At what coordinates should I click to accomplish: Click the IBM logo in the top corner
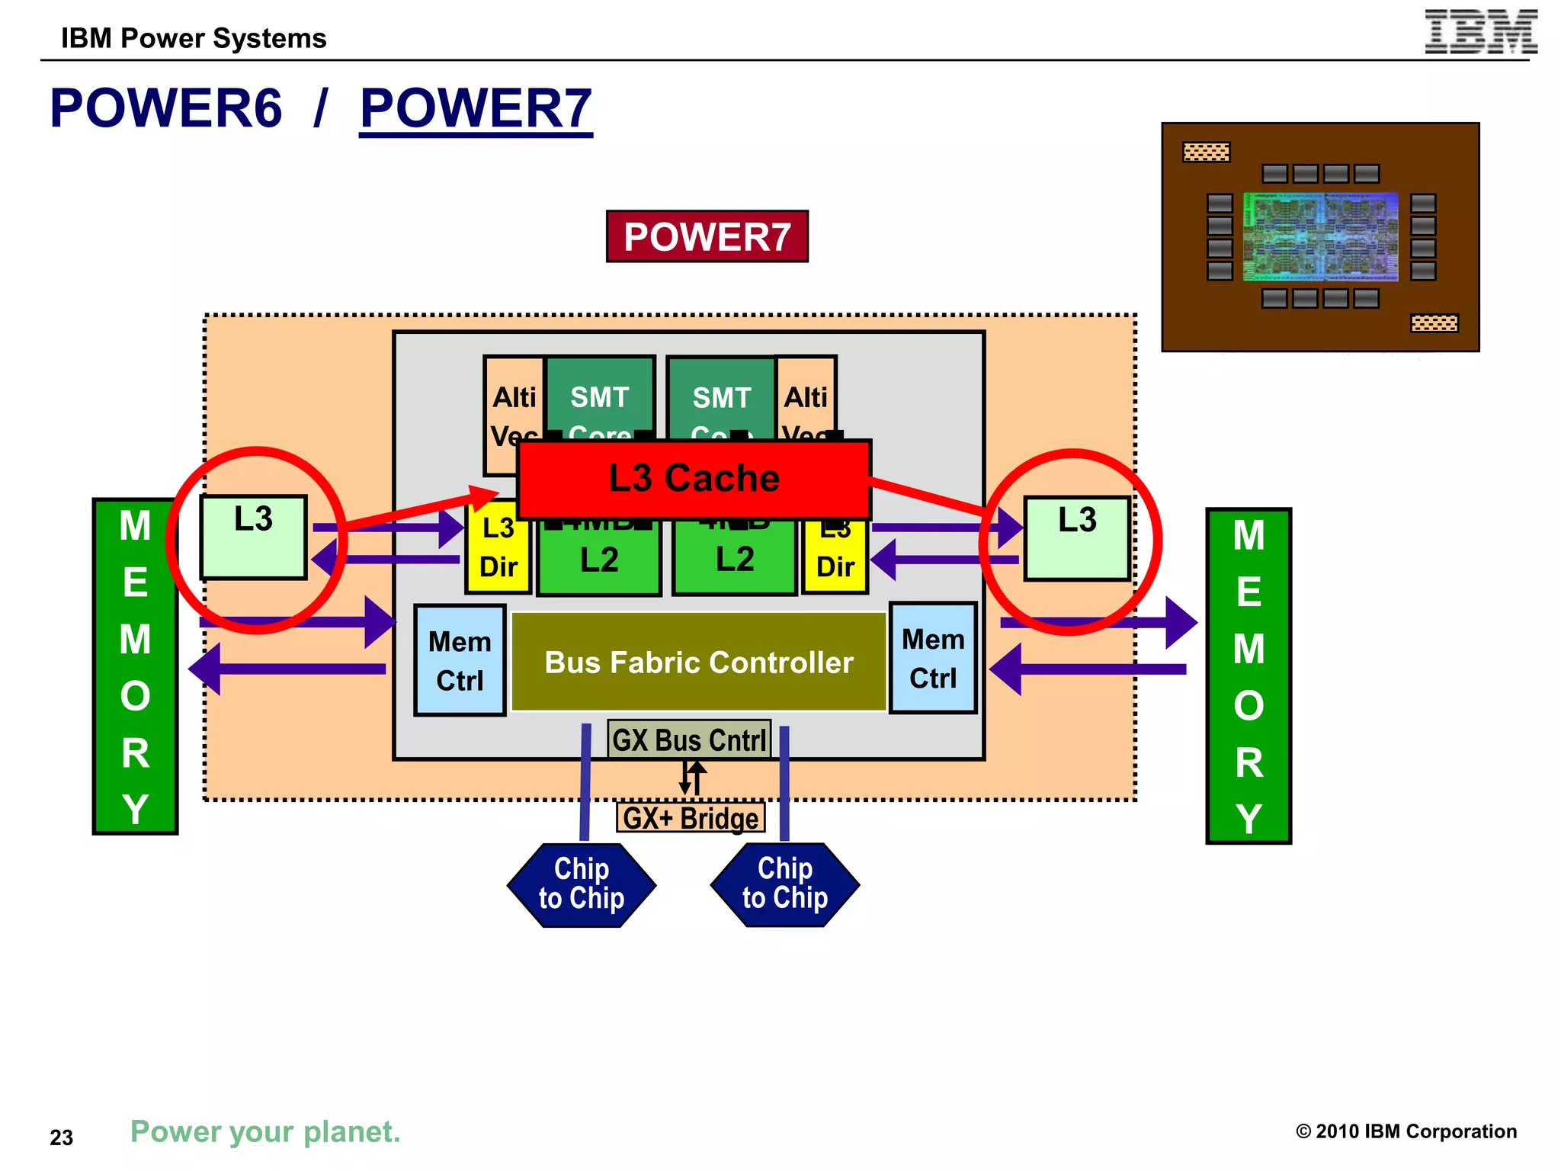(x=1480, y=32)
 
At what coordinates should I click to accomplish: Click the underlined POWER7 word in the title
(x=476, y=108)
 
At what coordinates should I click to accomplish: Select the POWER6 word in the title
(x=165, y=108)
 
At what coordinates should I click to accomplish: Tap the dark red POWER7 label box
(x=707, y=236)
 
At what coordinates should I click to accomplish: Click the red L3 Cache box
(x=694, y=479)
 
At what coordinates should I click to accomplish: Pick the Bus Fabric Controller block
(x=698, y=662)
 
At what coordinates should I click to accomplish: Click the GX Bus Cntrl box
(x=689, y=739)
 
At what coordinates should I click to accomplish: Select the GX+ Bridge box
(x=691, y=818)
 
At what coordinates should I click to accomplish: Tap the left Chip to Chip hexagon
(x=582, y=884)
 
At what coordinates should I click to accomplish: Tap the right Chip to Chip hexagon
(x=785, y=884)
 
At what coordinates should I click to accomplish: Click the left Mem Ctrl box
(x=460, y=660)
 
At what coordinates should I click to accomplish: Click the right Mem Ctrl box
(x=933, y=658)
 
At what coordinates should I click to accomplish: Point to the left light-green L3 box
(x=254, y=538)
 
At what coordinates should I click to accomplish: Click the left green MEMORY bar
(x=135, y=666)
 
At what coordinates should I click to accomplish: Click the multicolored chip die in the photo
(x=1320, y=236)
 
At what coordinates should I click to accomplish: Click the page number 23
(x=61, y=1137)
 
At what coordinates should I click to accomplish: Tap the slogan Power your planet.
(x=265, y=1131)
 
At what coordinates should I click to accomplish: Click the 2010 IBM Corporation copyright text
(x=1406, y=1131)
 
